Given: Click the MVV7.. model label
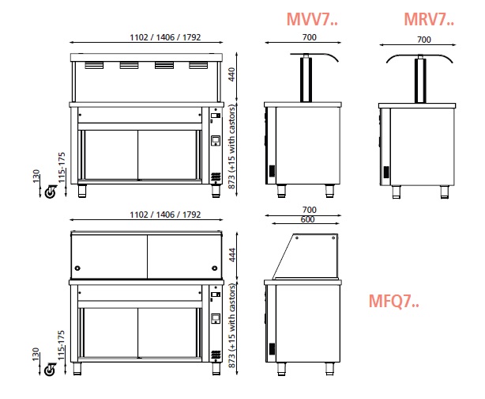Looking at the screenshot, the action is click(x=312, y=19).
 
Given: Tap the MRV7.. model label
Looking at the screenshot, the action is click(x=429, y=19).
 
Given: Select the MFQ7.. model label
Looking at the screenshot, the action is click(x=393, y=301).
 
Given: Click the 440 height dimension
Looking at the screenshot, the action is click(x=231, y=74).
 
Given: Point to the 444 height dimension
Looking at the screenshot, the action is click(x=231, y=255).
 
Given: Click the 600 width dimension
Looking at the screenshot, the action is click(x=307, y=219).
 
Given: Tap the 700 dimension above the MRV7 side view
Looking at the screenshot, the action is click(x=423, y=40).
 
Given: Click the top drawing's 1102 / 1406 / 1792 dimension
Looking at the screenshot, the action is click(x=165, y=37).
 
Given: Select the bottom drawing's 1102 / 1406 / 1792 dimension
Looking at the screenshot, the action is click(x=165, y=215).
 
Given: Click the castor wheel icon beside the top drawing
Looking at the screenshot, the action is click(x=51, y=192).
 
